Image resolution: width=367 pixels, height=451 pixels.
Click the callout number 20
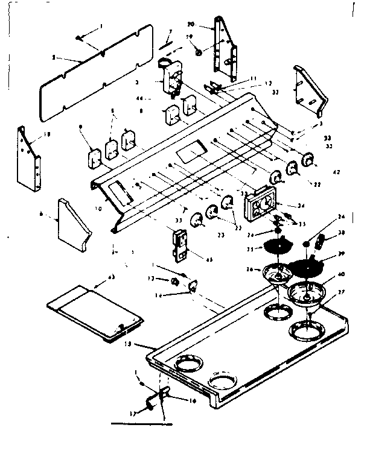pyautogui.click(x=191, y=25)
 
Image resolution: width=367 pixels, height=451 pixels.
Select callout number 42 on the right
pyautogui.click(x=336, y=172)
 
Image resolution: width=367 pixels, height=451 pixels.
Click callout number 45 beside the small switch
pyautogui.click(x=209, y=260)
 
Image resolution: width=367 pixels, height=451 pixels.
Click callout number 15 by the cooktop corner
pyautogui.click(x=144, y=344)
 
